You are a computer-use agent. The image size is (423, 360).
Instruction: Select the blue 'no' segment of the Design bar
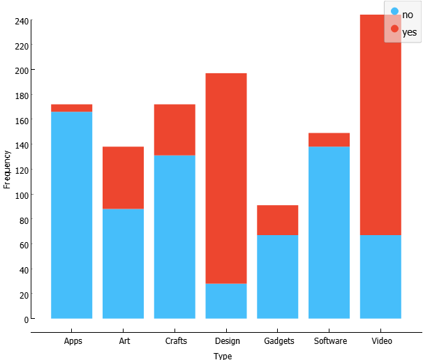[x=226, y=301]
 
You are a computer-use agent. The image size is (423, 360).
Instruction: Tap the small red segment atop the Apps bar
[x=72, y=108]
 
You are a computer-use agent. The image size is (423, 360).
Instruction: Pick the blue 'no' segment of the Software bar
[x=329, y=232]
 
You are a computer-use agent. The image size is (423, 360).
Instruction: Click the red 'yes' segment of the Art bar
[x=123, y=177]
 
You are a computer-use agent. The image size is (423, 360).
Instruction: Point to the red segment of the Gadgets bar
[x=278, y=220]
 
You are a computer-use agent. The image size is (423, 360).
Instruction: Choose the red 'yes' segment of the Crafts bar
[x=175, y=130]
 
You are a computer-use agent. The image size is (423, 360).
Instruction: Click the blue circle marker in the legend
[x=394, y=13]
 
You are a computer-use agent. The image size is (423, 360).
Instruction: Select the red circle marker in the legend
[x=394, y=29]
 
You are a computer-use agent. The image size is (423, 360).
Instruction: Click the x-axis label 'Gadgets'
[x=279, y=341]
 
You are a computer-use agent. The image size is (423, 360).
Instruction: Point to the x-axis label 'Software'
[x=330, y=341]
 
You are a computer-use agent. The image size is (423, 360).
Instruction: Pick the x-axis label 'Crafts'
[x=176, y=341]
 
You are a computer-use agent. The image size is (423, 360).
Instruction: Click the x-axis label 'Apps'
[x=73, y=341]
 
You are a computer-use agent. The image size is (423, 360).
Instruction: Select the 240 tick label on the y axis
[x=21, y=21]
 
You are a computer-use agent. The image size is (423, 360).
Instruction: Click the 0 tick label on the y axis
[x=26, y=320]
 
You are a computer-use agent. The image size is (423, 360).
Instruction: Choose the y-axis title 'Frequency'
[x=8, y=169]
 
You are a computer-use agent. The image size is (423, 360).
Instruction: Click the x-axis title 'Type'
[x=223, y=356]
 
